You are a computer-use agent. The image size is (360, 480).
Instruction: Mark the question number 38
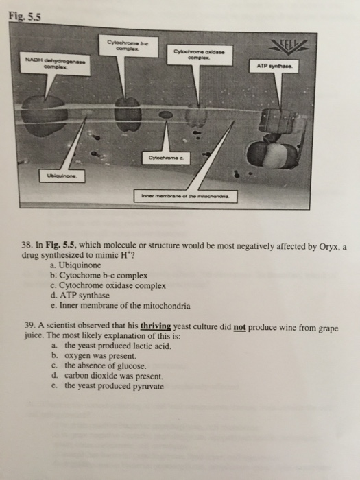pyautogui.click(x=29, y=243)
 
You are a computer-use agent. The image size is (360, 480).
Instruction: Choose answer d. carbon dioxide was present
pyautogui.click(x=104, y=376)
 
